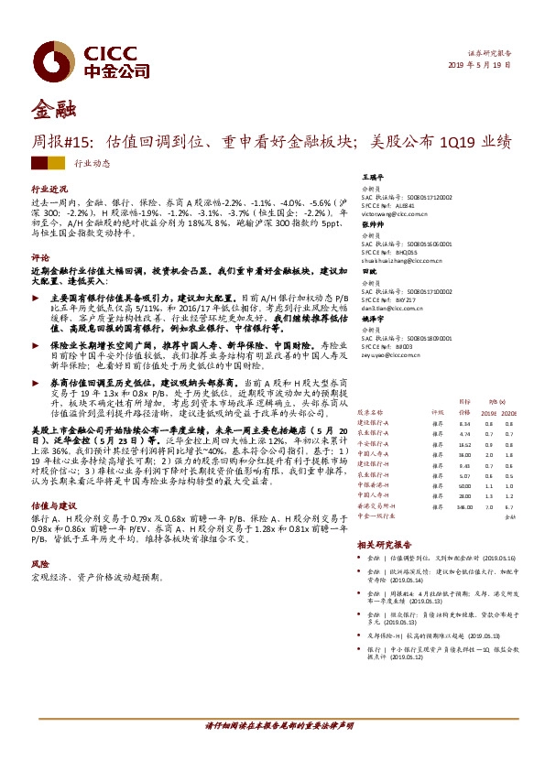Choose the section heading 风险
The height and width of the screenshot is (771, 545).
39,565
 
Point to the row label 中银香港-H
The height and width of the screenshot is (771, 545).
373,485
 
